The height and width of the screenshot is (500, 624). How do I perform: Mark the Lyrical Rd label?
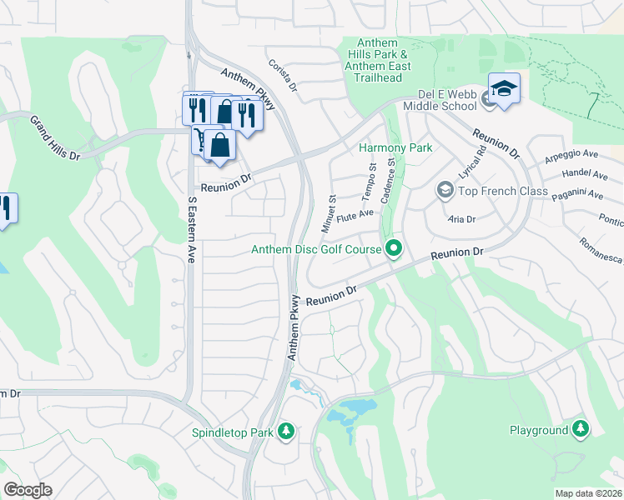tap(471, 165)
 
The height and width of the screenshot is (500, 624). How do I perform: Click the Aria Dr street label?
tap(461, 219)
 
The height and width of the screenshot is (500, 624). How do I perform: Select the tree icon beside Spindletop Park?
tap(286, 431)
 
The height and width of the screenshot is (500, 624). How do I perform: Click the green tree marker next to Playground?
tap(580, 429)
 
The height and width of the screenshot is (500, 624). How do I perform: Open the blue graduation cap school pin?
tap(504, 88)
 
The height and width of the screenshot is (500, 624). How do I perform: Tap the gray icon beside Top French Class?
tap(445, 192)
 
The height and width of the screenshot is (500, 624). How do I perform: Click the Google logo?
tap(28, 490)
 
